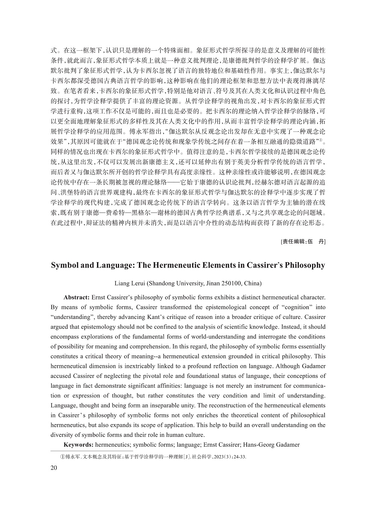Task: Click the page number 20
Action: pyautogui.click(x=54, y=468)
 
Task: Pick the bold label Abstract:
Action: pyautogui.click(x=77, y=298)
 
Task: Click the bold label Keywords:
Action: pyautogui.click(x=79, y=445)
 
